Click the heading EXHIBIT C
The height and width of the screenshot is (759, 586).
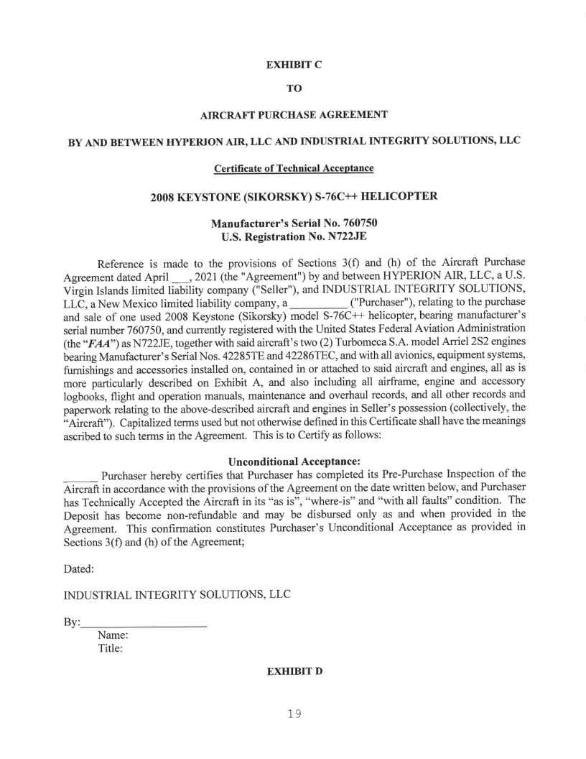[x=294, y=65]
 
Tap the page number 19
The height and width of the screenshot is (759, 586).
[x=292, y=714]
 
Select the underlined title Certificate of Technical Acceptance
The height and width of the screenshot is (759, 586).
[x=293, y=168]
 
